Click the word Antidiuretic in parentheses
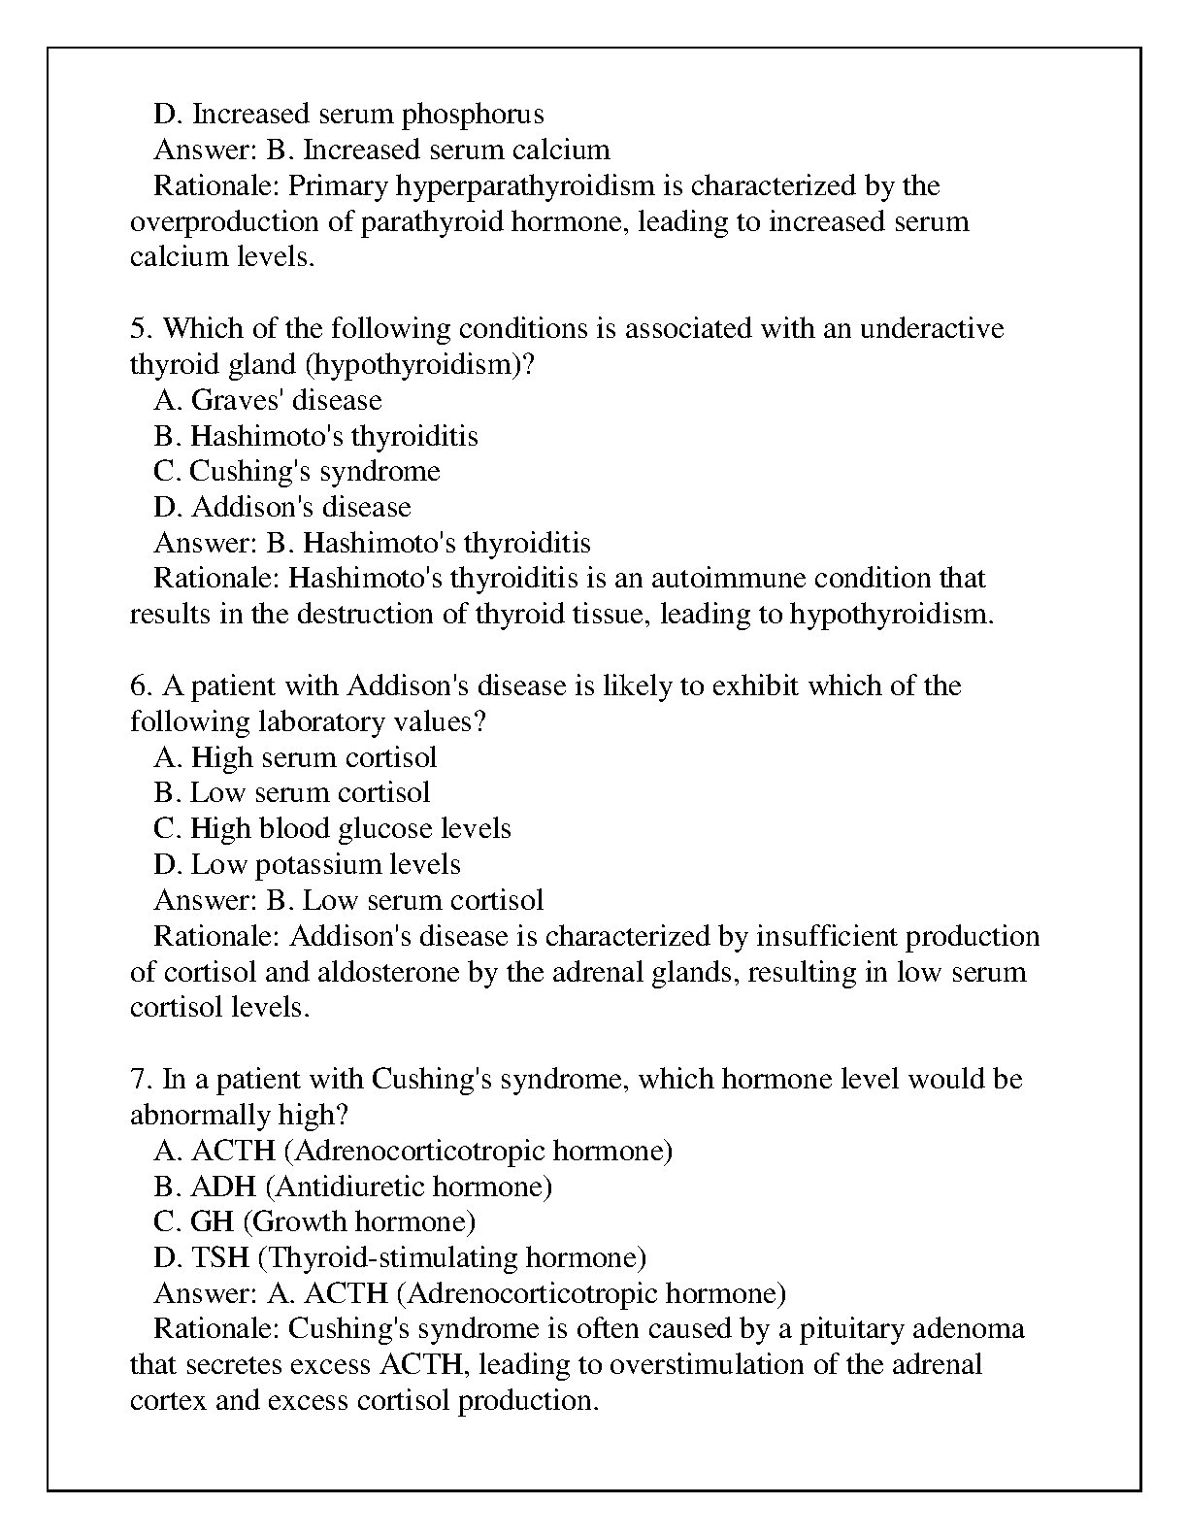tap(348, 1187)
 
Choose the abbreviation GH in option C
tap(212, 1221)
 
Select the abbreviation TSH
tap(220, 1257)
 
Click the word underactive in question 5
tap(932, 328)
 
